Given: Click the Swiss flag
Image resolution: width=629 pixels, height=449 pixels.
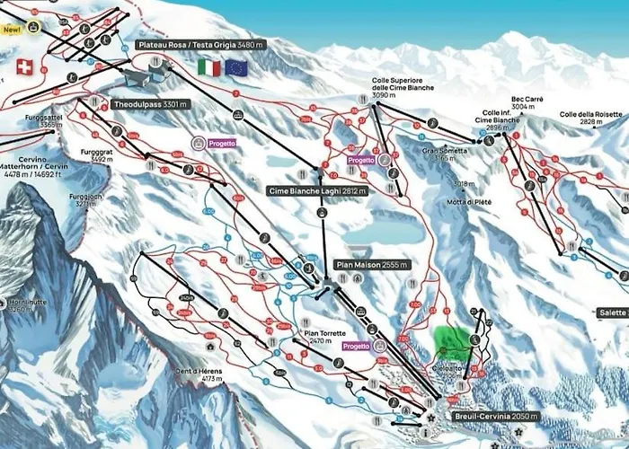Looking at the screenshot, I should (x=23, y=66).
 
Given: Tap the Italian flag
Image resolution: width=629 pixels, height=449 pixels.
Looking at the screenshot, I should (x=208, y=67).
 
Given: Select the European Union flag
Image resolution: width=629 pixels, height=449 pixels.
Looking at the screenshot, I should (x=236, y=67).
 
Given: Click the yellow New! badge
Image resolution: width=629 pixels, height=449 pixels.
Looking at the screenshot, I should (x=12, y=30).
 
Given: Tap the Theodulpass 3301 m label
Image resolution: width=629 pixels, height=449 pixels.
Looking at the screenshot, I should (x=151, y=103).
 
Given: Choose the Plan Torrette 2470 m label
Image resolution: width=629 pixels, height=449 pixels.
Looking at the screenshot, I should (x=319, y=337).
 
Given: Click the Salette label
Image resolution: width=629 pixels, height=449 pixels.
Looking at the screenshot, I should (x=611, y=312).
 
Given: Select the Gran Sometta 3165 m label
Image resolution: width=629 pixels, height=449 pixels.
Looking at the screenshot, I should (x=445, y=154).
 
